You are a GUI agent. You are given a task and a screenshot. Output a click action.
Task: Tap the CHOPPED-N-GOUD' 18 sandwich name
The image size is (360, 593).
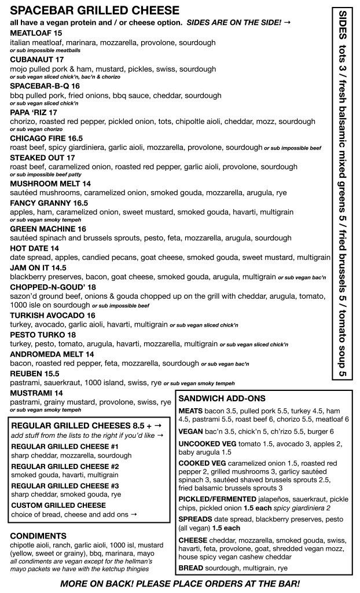click(53, 287)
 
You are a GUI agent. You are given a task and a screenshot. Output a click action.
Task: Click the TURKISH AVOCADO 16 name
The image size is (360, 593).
click(53, 315)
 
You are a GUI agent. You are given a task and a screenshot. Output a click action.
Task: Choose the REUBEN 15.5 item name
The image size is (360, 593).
click(34, 374)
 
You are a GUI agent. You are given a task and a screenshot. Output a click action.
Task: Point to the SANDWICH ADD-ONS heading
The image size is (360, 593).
click(222, 398)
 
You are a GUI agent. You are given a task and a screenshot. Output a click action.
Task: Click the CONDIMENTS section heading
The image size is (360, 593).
click(38, 535)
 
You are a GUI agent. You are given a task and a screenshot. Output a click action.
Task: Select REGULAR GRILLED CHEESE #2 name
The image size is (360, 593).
click(65, 466)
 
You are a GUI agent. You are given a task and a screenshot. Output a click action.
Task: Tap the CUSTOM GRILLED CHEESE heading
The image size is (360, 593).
click(58, 505)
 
